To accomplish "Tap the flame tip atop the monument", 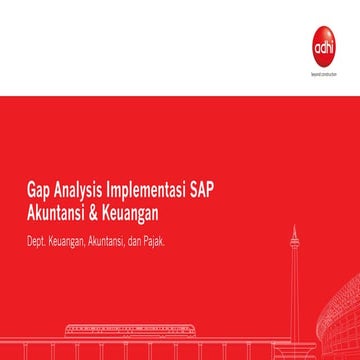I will click(294, 229).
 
